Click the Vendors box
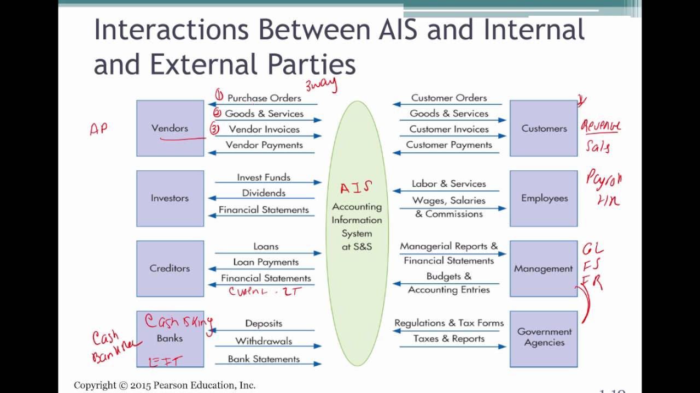170,128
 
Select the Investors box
170,198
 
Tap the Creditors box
170,268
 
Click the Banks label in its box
170,338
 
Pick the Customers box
544,128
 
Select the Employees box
544,198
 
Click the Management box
544,268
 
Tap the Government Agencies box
544,337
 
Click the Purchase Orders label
264,98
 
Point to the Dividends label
264,193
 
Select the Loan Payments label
266,263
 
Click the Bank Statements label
264,359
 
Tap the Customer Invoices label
449,129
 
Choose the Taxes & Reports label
449,339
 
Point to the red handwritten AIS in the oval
356,188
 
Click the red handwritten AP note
98,129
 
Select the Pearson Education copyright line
165,385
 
